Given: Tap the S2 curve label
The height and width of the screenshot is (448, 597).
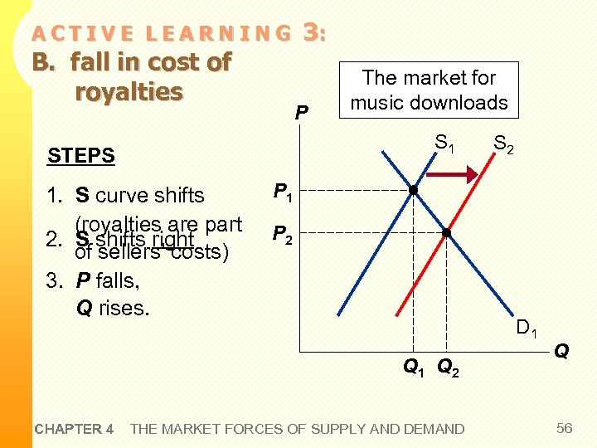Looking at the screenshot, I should [503, 148].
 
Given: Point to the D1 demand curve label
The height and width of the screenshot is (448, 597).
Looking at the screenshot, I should [527, 329].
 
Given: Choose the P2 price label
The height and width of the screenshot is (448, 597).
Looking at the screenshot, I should [283, 235].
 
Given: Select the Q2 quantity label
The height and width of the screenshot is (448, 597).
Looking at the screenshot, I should [448, 366].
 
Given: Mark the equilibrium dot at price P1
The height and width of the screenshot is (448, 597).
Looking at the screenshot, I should [413, 191].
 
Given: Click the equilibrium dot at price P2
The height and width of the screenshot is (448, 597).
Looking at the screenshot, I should [445, 233].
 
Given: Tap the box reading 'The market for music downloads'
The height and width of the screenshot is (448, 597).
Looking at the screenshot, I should [429, 90].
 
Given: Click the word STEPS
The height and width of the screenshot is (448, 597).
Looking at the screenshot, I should [81, 155].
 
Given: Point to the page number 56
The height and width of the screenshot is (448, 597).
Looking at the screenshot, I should [565, 428].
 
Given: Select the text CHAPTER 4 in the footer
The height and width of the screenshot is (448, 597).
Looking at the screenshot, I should [74, 429].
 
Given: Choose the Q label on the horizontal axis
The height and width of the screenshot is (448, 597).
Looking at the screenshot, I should [561, 352].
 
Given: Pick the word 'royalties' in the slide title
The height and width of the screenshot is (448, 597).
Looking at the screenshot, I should [129, 91].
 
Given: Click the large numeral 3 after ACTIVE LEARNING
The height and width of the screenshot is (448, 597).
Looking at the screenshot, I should [311, 32].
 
